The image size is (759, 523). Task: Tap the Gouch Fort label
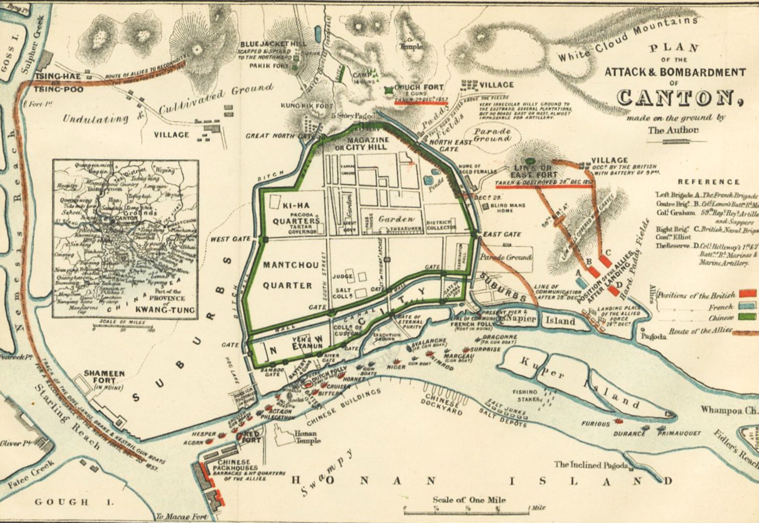[x=419, y=87]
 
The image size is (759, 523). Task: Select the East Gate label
[x=502, y=234]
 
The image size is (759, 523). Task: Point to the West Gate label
[x=230, y=239]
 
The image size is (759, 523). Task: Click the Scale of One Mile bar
[x=466, y=512]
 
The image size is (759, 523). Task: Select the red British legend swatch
[x=748, y=293]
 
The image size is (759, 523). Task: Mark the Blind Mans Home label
[x=508, y=208]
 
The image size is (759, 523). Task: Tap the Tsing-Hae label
[x=58, y=76]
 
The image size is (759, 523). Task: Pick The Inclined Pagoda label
[x=590, y=465]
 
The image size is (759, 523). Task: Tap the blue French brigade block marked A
[x=581, y=282]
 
